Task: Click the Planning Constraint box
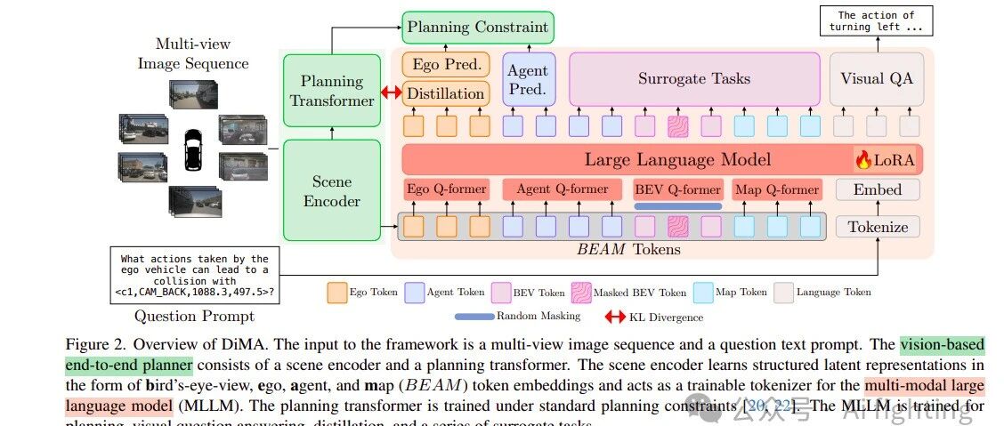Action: click(x=477, y=27)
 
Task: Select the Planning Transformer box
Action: click(x=331, y=91)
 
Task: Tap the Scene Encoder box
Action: click(x=331, y=190)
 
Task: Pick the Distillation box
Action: click(x=445, y=93)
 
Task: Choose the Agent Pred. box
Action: click(x=529, y=78)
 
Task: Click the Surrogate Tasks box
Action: click(x=693, y=78)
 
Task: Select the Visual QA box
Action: click(x=876, y=78)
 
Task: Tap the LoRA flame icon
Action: click(x=862, y=160)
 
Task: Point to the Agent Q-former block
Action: click(x=563, y=189)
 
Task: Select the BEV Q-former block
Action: click(x=677, y=189)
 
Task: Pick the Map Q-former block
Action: click(x=775, y=189)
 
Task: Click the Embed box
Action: click(x=877, y=189)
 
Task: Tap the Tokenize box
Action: click(x=877, y=227)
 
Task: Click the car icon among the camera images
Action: click(x=191, y=150)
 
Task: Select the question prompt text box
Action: click(x=194, y=276)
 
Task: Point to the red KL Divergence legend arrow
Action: click(x=615, y=317)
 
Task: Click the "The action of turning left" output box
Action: click(x=876, y=20)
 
